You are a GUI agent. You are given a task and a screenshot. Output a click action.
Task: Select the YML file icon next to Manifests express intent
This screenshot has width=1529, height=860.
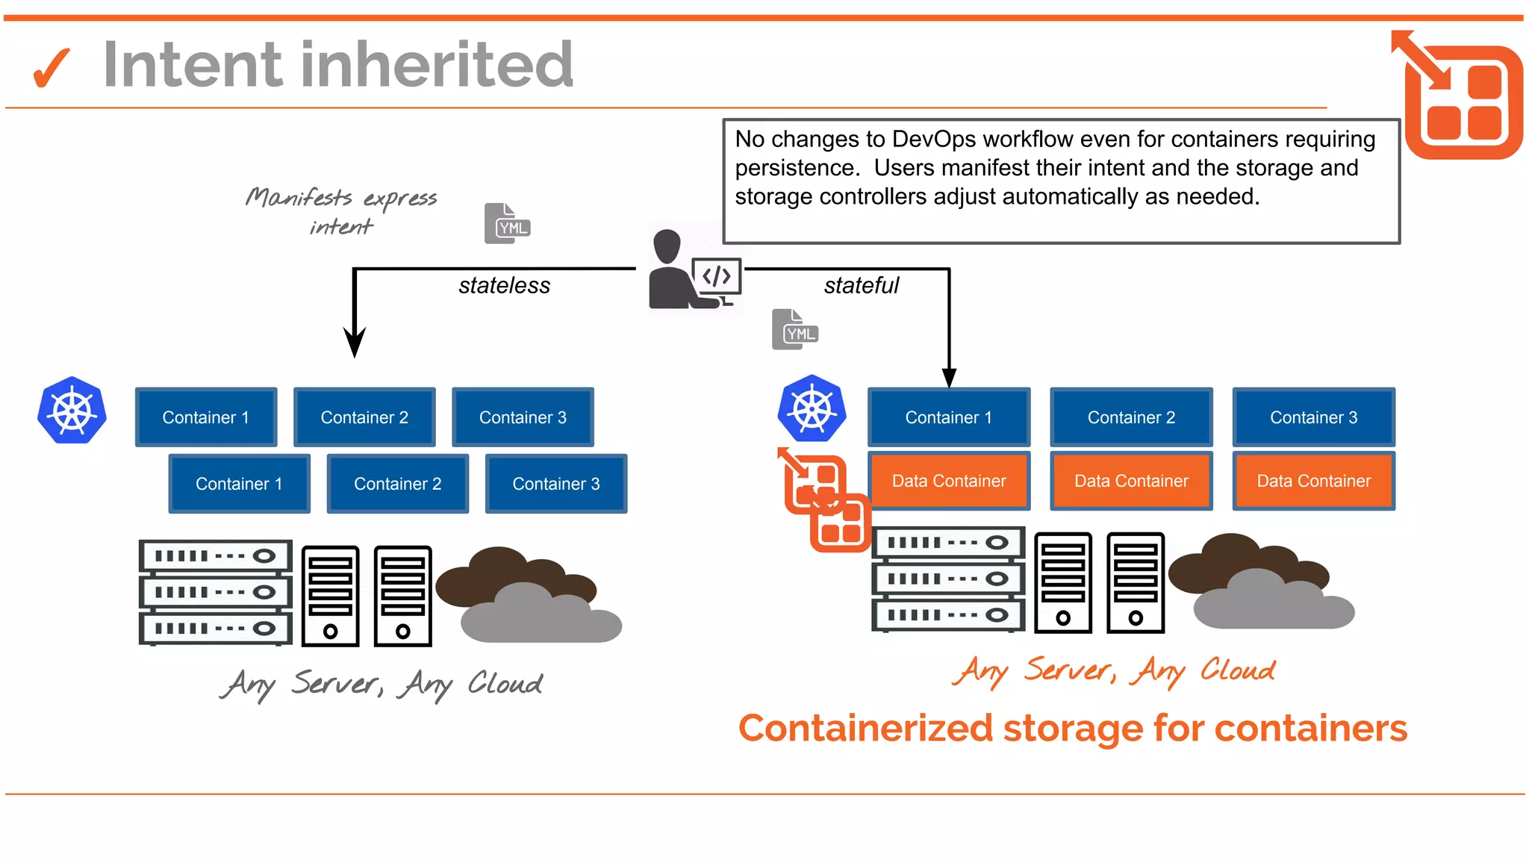click(x=507, y=223)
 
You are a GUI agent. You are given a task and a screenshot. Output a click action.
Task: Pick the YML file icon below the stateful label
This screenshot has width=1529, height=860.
click(x=795, y=329)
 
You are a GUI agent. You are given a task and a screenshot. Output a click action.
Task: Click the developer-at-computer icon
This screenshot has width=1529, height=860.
click(x=694, y=270)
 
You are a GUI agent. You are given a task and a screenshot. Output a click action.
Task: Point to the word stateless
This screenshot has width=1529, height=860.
click(x=504, y=285)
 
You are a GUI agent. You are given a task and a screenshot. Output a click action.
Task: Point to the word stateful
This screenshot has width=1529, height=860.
click(x=861, y=285)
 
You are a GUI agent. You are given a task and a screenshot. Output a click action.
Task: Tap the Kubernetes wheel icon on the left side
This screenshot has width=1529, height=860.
click(x=72, y=411)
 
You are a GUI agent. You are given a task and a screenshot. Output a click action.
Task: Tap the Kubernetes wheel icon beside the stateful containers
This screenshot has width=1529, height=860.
click(x=812, y=409)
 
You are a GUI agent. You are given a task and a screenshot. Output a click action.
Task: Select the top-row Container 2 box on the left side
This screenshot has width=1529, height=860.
click(x=364, y=417)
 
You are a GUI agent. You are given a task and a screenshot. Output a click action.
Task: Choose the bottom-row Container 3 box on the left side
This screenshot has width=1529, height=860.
click(x=555, y=484)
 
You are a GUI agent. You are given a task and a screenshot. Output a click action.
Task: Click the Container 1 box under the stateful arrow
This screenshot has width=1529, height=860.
click(x=948, y=417)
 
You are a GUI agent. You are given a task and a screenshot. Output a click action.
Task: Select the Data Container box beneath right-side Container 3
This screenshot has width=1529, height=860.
click(x=1313, y=481)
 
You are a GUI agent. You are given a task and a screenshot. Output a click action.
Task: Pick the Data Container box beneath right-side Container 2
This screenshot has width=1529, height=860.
click(x=1131, y=481)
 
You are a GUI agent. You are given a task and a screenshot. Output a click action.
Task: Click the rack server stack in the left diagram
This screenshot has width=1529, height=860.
click(x=215, y=592)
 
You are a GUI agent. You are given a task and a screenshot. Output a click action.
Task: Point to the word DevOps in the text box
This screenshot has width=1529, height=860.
click(x=934, y=139)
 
